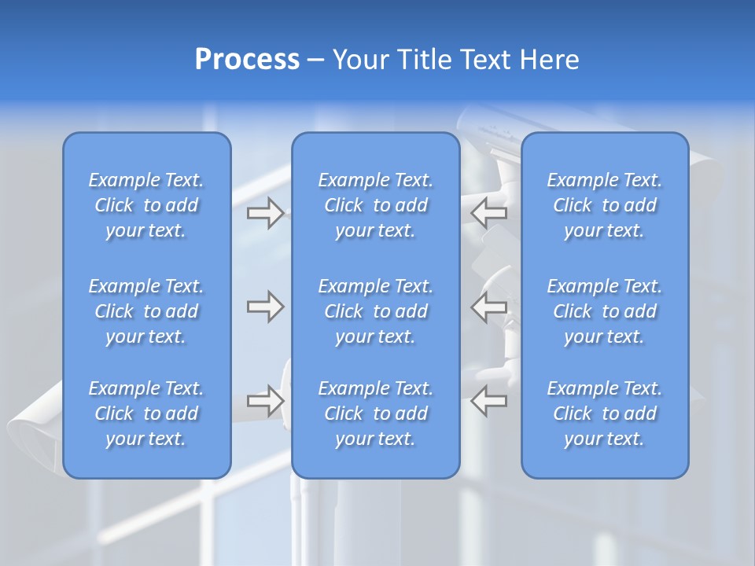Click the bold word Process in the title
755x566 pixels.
pyautogui.click(x=247, y=60)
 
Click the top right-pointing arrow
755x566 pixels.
pyautogui.click(x=265, y=213)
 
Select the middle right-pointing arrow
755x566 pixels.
pyautogui.click(x=265, y=307)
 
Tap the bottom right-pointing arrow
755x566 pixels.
pyautogui.click(x=265, y=401)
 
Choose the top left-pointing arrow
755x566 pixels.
pyautogui.click(x=489, y=212)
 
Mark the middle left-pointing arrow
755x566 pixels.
pyautogui.click(x=489, y=307)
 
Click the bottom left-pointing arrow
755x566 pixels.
pyautogui.click(x=489, y=401)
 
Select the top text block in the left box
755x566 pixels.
pyautogui.click(x=146, y=205)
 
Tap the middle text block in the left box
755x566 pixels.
pyautogui.click(x=146, y=311)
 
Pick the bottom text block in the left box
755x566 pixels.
pyautogui.click(x=146, y=413)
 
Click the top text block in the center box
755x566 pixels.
pyautogui.click(x=376, y=205)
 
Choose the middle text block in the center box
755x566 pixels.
pyautogui.click(x=376, y=311)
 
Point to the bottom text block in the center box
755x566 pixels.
pyautogui.click(x=376, y=413)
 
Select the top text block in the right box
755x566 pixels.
pyautogui.click(x=605, y=205)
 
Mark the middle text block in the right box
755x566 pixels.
pyautogui.click(x=605, y=311)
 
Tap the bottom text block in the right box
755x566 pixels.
pyautogui.click(x=605, y=413)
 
